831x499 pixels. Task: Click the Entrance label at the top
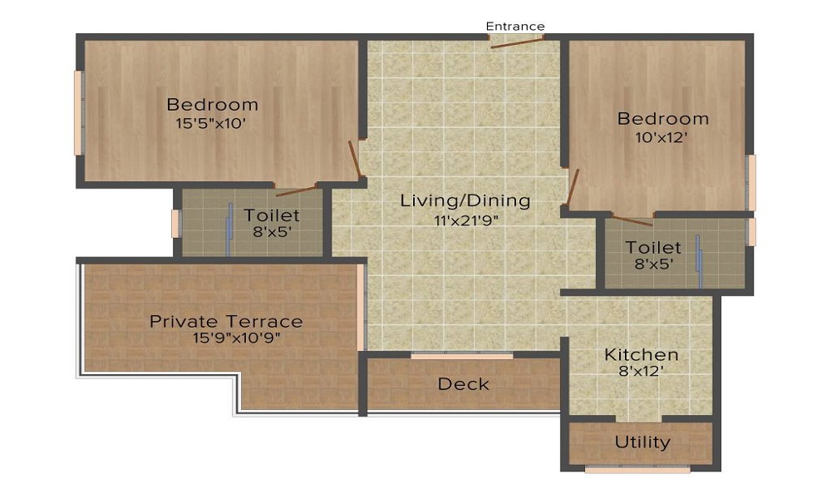click(515, 27)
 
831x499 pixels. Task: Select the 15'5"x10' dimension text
click(211, 123)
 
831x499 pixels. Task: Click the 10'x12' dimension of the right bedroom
click(662, 137)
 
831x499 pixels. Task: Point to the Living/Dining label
click(465, 200)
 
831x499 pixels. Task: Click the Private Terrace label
click(226, 321)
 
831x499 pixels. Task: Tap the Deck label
click(463, 384)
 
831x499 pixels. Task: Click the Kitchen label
click(641, 354)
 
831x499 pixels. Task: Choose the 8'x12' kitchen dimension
click(641, 372)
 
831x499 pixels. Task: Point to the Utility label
click(642, 442)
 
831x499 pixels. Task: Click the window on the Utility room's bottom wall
click(637, 470)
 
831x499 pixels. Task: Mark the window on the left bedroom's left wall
click(78, 113)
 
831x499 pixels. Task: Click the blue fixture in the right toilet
click(700, 259)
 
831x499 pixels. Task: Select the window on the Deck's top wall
click(462, 356)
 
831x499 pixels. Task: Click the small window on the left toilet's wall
click(175, 223)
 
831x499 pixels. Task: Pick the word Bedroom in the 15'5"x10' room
click(212, 105)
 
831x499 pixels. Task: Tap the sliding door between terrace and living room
click(361, 306)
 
